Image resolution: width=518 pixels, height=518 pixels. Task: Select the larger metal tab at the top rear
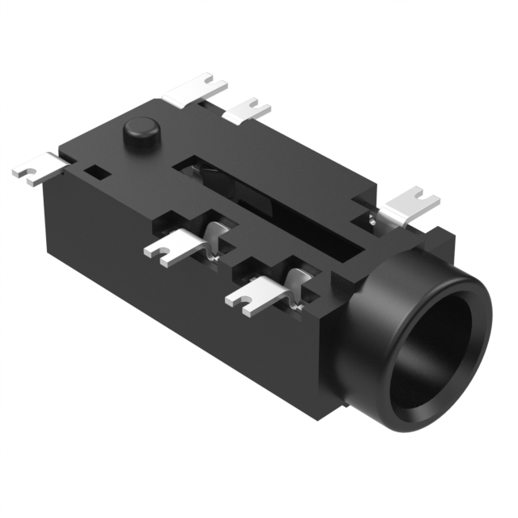197,91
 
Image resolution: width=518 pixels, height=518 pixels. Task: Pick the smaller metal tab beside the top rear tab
246,111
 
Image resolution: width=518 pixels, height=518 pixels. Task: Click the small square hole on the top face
98,172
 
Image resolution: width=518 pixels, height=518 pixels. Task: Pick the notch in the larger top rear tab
212,80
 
